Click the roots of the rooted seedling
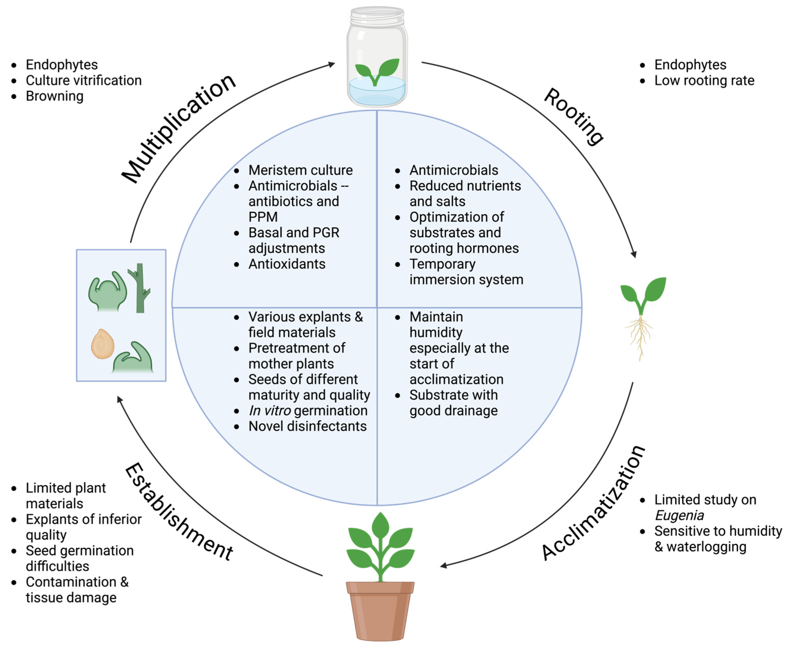[640, 336]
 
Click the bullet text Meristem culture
[300, 170]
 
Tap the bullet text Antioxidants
[286, 264]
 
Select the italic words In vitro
[269, 411]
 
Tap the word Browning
[54, 96]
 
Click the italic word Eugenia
[679, 516]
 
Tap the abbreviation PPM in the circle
[263, 217]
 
